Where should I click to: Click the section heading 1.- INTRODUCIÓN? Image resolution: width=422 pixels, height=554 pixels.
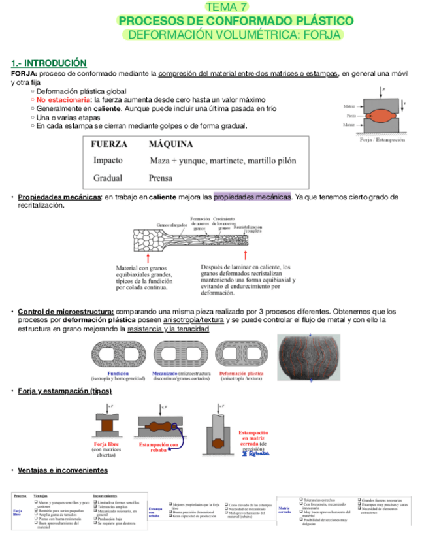click(x=49, y=63)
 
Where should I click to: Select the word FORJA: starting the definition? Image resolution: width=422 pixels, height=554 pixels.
click(x=24, y=74)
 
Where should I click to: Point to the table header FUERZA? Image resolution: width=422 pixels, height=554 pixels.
click(x=110, y=144)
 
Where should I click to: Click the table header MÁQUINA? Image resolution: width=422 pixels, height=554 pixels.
click(x=171, y=144)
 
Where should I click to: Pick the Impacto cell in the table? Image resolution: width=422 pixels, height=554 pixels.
click(x=108, y=161)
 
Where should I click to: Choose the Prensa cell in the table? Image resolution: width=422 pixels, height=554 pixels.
click(x=161, y=178)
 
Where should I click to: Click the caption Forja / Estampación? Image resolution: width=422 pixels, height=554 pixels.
click(x=382, y=140)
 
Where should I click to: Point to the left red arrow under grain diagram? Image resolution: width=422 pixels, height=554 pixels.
click(x=121, y=255)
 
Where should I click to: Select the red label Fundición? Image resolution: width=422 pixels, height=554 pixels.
click(x=118, y=372)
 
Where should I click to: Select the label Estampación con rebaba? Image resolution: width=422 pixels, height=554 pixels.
click(x=159, y=446)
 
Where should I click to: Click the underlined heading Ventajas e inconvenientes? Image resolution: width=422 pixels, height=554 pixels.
click(x=63, y=470)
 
